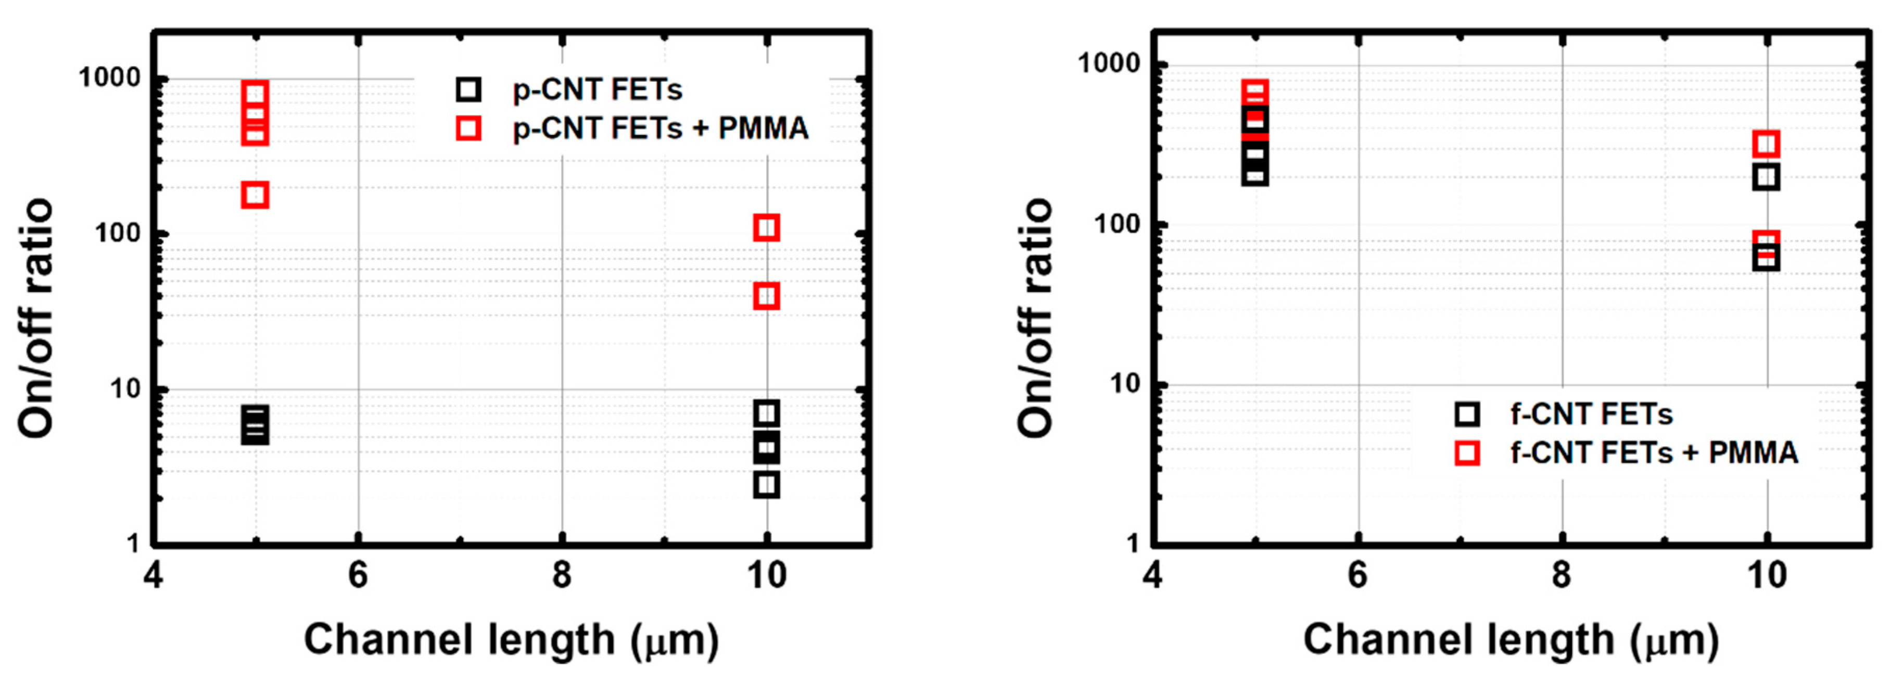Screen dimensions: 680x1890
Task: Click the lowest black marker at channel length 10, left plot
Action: [766, 485]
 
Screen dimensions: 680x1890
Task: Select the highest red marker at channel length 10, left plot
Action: [766, 228]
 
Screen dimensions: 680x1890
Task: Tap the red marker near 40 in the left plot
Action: [766, 296]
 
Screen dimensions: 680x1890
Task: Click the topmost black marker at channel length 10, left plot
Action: [766, 414]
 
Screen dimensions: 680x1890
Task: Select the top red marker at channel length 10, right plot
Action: [1765, 144]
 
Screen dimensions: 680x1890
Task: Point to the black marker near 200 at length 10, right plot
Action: [1765, 177]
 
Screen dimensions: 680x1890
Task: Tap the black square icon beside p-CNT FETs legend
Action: [468, 90]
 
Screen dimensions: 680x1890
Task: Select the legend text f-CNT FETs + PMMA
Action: [1654, 452]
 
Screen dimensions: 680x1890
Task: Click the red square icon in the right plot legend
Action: [1467, 452]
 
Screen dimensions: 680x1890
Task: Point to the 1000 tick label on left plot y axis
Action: [109, 77]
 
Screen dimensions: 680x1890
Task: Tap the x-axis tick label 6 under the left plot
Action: [357, 576]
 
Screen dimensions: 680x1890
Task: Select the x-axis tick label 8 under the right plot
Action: [1562, 576]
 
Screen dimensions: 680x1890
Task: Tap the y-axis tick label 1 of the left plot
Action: [133, 544]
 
